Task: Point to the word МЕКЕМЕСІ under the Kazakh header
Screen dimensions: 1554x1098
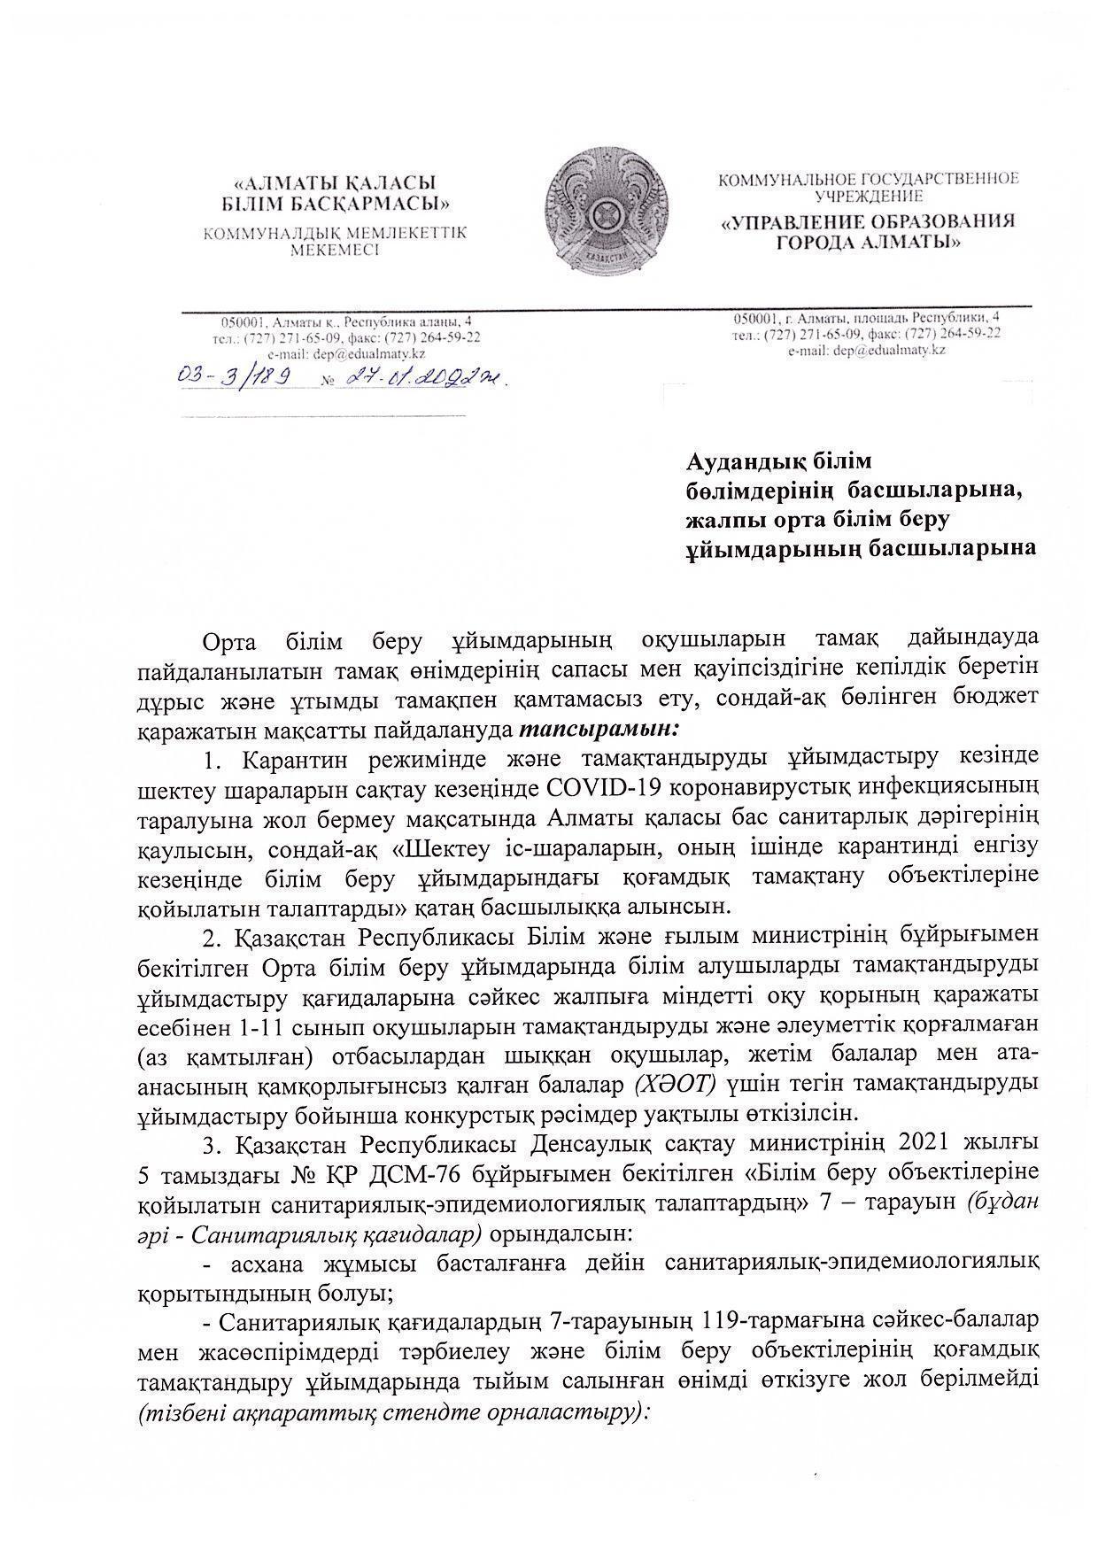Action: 334,251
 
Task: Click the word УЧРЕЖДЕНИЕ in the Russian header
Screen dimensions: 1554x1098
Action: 868,197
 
